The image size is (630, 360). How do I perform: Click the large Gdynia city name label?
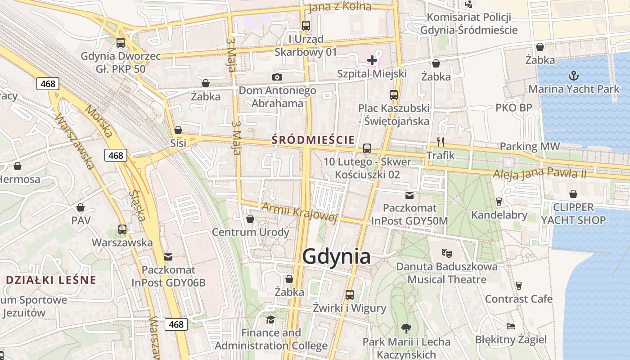point(337,256)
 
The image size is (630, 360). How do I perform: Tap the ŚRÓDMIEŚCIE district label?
point(313,140)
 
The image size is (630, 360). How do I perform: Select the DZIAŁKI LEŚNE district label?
point(51,280)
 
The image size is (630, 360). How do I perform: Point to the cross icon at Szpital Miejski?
point(372,60)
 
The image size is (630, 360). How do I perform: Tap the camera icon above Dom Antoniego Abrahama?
point(277,77)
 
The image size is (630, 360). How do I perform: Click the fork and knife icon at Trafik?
point(441,142)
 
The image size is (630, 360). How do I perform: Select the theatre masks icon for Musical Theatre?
point(446,253)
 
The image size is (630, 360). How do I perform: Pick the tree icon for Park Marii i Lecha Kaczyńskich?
point(406,328)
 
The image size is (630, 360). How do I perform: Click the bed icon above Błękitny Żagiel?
point(510,326)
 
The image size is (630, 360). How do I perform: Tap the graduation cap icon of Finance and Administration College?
point(270,319)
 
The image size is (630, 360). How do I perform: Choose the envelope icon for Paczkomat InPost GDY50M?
point(409,195)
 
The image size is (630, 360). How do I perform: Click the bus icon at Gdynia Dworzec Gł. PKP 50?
point(121,43)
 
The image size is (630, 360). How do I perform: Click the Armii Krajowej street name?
point(299,212)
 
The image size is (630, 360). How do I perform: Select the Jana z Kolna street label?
point(340,7)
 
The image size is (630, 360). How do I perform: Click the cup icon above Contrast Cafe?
point(518,285)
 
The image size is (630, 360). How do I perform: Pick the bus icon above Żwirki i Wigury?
point(350,295)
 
